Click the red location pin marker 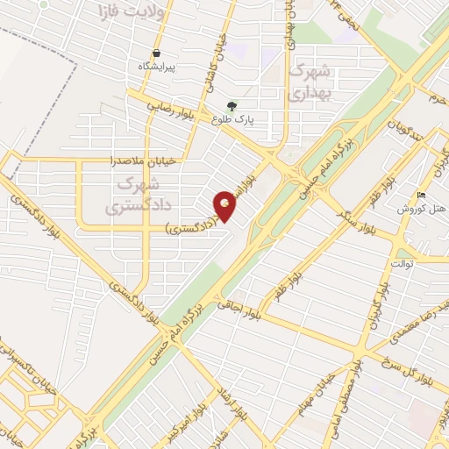226,205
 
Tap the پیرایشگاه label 159,67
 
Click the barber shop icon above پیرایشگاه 156,52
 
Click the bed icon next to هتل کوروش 422,195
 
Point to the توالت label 403,262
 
